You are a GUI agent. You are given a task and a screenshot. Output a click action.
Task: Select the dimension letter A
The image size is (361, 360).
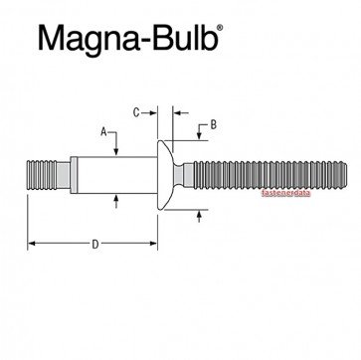click(x=103, y=130)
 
